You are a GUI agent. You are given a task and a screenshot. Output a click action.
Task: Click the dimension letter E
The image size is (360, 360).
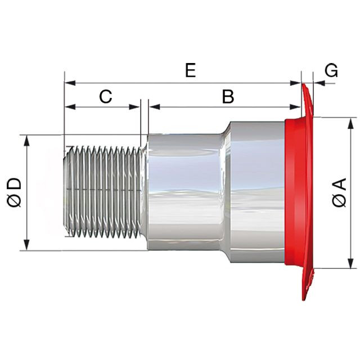tap(190, 70)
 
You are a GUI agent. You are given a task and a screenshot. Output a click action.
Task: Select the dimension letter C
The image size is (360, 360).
tap(106, 96)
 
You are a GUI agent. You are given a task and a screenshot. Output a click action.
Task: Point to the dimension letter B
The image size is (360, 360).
tap(228, 96)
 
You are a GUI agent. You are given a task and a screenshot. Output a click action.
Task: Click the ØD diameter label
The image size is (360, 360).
tap(14, 192)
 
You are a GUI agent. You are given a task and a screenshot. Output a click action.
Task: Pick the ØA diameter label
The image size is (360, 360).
tap(339, 192)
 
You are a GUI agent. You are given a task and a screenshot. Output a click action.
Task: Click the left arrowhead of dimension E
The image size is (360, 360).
tap(70, 83)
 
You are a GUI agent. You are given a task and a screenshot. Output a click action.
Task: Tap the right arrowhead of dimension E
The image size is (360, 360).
tap(295, 83)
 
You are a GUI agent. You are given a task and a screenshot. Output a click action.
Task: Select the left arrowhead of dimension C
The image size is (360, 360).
tap(70, 107)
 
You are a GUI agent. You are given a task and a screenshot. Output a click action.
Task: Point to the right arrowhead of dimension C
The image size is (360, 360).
tap(134, 107)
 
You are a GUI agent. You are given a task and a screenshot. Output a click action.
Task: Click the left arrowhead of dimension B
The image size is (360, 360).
tap(154, 107)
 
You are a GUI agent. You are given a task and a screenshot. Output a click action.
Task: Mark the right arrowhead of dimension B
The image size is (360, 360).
tap(295, 107)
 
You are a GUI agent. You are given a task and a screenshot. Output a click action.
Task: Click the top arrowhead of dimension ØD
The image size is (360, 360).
tap(27, 140)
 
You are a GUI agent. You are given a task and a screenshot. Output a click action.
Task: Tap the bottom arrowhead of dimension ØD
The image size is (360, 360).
tap(27, 245)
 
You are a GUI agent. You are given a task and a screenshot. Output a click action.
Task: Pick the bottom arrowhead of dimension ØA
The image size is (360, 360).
tap(350, 263)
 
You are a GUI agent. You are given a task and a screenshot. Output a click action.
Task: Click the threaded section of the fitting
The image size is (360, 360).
tap(103, 191)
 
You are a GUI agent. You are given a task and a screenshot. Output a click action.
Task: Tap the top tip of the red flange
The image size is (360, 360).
tap(303, 84)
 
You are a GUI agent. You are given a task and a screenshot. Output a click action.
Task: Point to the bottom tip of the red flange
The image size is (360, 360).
tap(304, 300)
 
